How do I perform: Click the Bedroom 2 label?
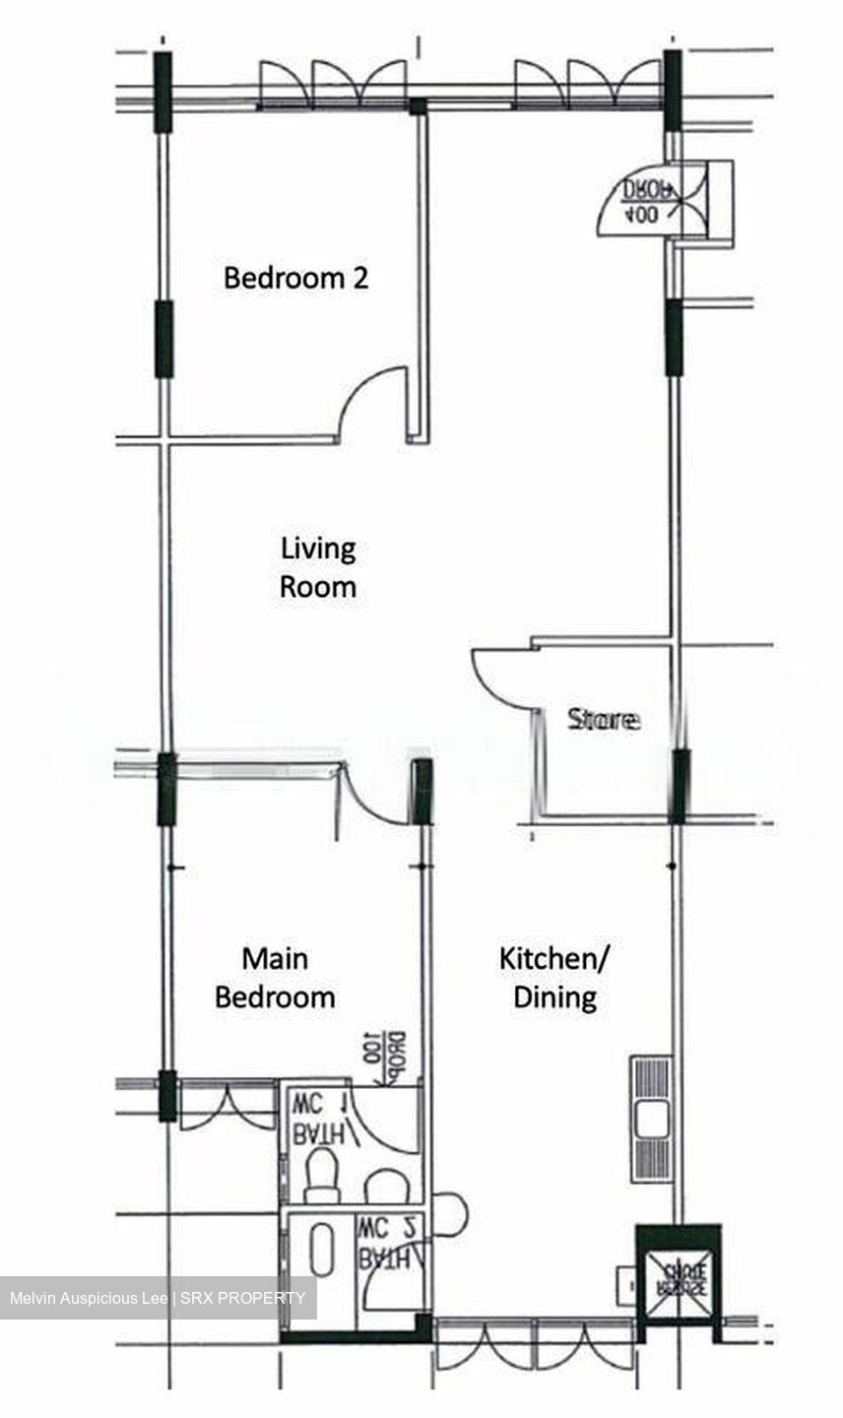[295, 278]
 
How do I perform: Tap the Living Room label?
[317, 567]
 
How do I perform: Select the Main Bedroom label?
[275, 978]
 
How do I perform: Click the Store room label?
[603, 720]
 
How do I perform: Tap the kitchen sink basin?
[651, 1119]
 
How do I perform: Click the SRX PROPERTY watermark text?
[240, 1298]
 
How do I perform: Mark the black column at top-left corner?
[162, 92]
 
